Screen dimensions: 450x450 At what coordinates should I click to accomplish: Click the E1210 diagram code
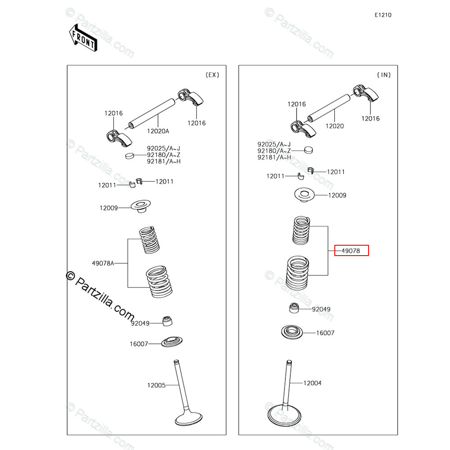click(383, 15)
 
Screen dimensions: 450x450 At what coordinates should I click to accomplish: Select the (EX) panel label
click(212, 75)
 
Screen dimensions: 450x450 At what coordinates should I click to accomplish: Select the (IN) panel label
click(383, 75)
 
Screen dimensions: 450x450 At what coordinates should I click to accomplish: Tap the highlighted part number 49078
click(351, 251)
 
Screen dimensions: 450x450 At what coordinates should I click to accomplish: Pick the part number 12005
click(156, 385)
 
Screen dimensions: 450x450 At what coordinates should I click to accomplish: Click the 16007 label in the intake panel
click(325, 333)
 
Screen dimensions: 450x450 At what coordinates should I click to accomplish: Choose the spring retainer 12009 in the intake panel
click(304, 195)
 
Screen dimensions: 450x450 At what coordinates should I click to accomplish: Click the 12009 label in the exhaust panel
click(108, 208)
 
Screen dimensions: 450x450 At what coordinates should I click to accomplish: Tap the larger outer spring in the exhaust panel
click(160, 282)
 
